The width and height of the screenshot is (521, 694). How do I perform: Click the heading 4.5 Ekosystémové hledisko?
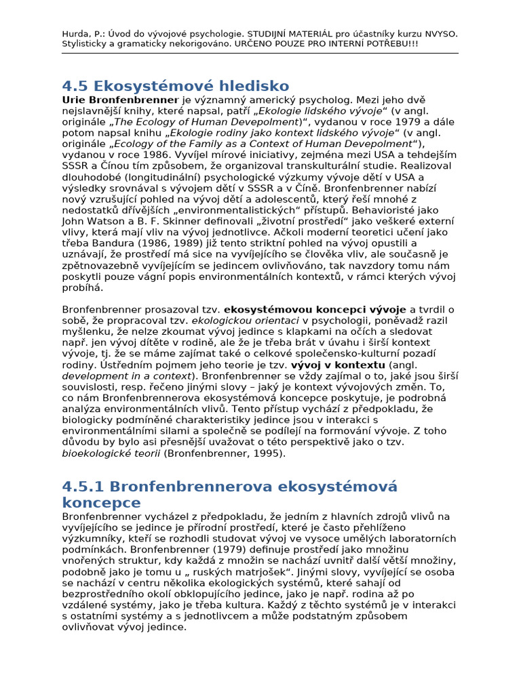tap(176, 86)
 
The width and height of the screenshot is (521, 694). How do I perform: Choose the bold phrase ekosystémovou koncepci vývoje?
tap(315, 309)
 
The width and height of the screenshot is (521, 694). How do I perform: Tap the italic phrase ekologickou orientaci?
tap(246, 320)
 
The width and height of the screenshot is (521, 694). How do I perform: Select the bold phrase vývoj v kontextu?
tap(337, 365)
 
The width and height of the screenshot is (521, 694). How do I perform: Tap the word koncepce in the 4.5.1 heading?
tap(101, 502)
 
